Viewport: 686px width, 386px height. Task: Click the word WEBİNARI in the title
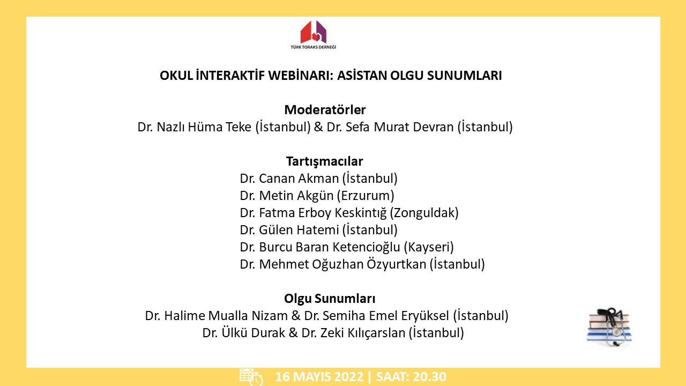tap(301, 76)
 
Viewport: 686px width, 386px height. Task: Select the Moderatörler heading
tap(325, 110)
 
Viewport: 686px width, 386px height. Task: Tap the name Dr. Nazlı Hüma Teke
tap(194, 127)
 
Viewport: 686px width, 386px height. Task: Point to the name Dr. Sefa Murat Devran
tap(390, 127)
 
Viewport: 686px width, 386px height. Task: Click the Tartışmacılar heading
tap(324, 161)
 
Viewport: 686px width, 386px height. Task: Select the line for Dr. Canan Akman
tap(318, 179)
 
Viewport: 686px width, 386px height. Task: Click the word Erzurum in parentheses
tap(366, 196)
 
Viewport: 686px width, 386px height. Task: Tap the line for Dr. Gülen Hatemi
tap(318, 230)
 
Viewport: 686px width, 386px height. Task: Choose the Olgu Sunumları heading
tap(330, 299)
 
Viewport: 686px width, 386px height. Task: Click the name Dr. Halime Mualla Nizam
tap(216, 316)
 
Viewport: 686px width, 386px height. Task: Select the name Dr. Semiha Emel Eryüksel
tap(376, 316)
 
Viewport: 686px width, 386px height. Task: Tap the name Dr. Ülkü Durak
tap(243, 333)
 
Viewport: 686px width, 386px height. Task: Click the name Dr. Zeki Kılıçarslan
tap(353, 333)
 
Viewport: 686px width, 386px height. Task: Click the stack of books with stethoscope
tap(609, 326)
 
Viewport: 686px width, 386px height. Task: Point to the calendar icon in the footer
tap(251, 377)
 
